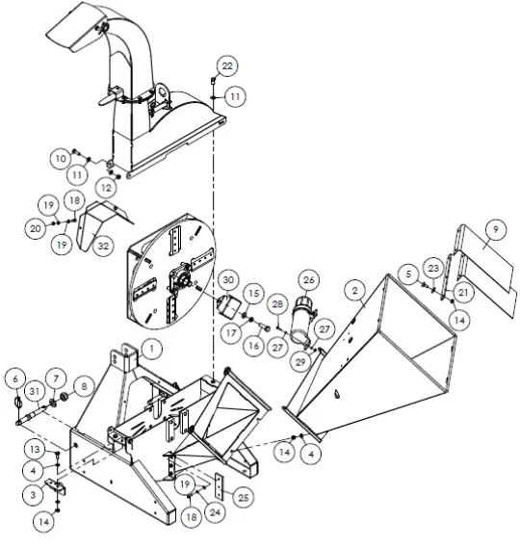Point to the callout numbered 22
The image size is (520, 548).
click(226, 65)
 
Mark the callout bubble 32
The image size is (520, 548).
click(103, 246)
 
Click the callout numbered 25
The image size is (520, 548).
click(243, 497)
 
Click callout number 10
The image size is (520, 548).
click(61, 157)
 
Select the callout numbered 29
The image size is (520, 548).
click(304, 358)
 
